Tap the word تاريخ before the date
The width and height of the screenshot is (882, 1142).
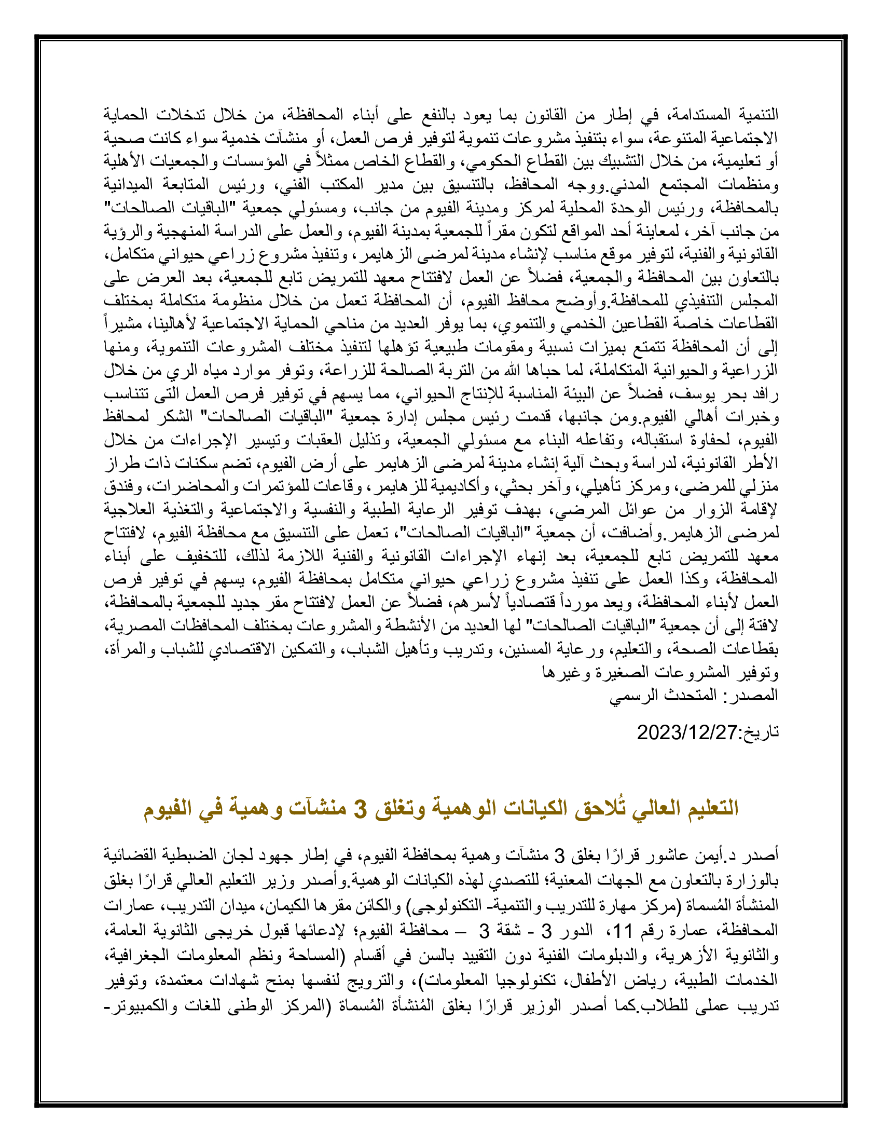click(x=761, y=732)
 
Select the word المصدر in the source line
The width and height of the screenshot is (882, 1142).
click(x=754, y=695)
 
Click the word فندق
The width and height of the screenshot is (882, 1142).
click(x=118, y=487)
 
